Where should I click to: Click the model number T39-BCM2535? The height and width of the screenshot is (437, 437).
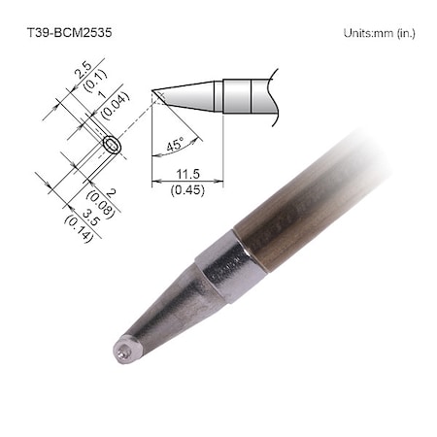pos(68,32)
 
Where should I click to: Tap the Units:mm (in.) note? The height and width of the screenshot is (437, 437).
pos(379,33)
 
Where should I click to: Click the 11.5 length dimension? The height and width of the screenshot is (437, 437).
pos(187,173)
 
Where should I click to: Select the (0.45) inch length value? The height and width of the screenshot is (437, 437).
pos(187,189)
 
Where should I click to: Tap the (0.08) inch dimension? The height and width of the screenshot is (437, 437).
pos(103,201)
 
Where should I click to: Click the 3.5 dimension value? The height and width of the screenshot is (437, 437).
pos(86,215)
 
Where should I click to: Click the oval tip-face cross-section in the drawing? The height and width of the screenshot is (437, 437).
pos(113,146)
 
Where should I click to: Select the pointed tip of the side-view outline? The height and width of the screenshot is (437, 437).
pos(154,92)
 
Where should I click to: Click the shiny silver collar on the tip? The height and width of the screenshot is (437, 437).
pos(231,265)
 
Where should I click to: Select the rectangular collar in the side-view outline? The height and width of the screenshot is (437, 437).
pos(238,96)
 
